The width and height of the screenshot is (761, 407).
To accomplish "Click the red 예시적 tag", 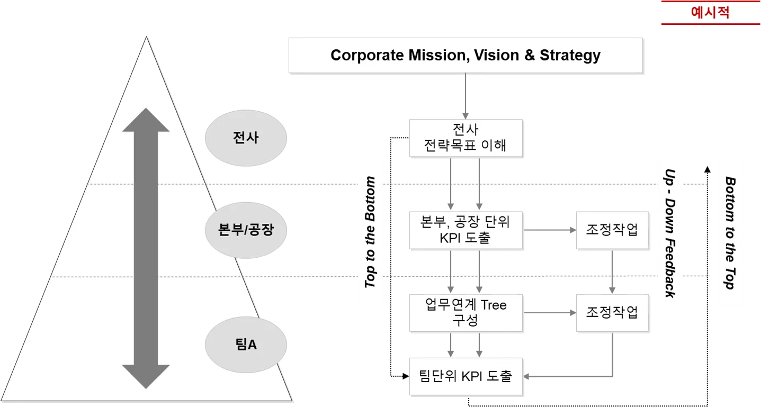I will (x=710, y=13).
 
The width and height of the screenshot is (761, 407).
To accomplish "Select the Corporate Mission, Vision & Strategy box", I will (x=465, y=55).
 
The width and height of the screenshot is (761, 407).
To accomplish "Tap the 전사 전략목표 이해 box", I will (x=465, y=138).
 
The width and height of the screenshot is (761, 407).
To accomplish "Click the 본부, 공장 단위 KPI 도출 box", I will (x=465, y=230).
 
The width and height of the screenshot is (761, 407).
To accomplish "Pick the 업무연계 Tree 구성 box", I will (x=465, y=313).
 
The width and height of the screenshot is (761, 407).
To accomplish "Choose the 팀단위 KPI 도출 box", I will (x=465, y=377).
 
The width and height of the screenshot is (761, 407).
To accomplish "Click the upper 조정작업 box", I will (x=611, y=230).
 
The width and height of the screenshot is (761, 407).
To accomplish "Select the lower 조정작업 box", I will (x=611, y=313).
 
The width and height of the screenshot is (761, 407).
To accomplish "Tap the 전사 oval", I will (x=246, y=138).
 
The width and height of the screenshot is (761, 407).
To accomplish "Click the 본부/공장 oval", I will (x=246, y=230).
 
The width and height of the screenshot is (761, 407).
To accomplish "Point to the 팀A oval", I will (x=246, y=345).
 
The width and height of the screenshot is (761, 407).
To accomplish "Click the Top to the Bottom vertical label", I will (x=371, y=233).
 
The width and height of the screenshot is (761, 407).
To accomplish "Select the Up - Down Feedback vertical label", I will (x=670, y=233).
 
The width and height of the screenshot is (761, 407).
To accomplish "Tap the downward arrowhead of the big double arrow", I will (x=146, y=377).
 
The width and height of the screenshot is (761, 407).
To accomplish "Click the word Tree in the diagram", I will (x=494, y=305).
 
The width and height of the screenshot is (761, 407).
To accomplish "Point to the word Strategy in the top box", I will (x=570, y=55).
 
